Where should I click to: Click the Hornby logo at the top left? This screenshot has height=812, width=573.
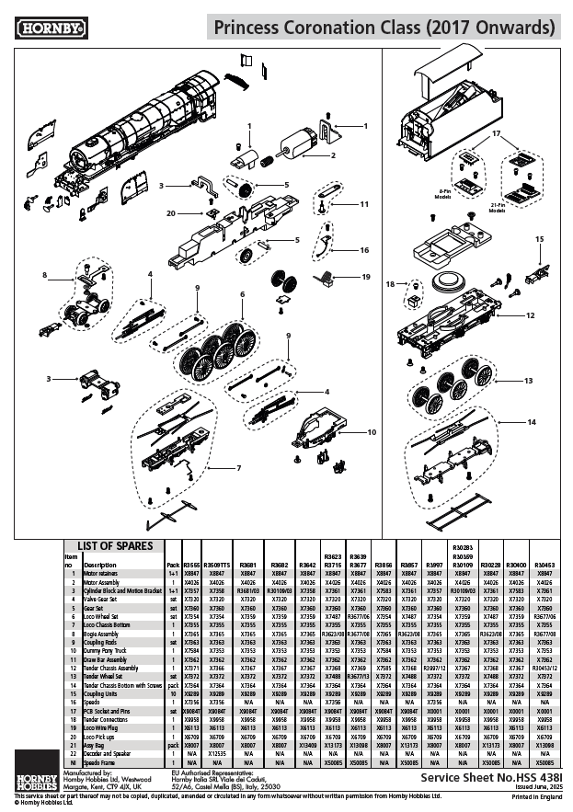[x=45, y=28]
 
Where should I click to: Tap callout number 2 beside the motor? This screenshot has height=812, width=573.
[x=333, y=154]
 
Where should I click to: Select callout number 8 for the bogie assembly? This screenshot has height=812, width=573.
[x=43, y=274]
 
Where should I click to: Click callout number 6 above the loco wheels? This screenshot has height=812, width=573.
[x=243, y=294]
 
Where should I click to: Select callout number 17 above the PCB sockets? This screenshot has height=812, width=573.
[x=498, y=133]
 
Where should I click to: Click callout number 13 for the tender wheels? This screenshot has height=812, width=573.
[x=528, y=380]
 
